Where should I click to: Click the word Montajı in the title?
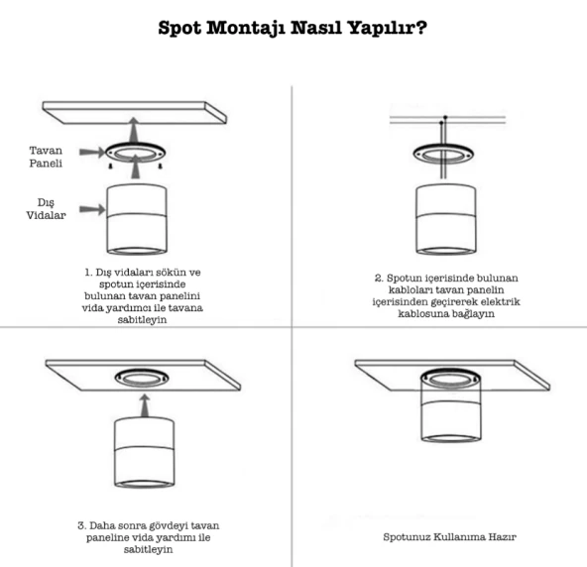(x=246, y=29)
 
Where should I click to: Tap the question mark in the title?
(x=421, y=27)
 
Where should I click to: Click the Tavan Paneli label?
(x=46, y=157)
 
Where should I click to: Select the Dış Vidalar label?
(x=46, y=209)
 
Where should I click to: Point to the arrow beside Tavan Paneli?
(x=92, y=152)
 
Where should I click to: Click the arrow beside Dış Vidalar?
(x=92, y=209)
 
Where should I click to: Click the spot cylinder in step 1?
(x=137, y=219)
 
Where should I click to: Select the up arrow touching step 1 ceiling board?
(x=134, y=130)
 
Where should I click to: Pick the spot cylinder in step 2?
(x=446, y=220)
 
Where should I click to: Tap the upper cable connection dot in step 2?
(x=445, y=118)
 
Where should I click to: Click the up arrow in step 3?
(x=145, y=405)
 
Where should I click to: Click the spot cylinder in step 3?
(x=144, y=453)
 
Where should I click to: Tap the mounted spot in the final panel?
(x=451, y=405)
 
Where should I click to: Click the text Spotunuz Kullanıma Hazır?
(x=449, y=537)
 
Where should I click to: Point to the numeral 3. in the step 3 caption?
(x=82, y=525)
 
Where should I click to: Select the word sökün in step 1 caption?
(x=170, y=272)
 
